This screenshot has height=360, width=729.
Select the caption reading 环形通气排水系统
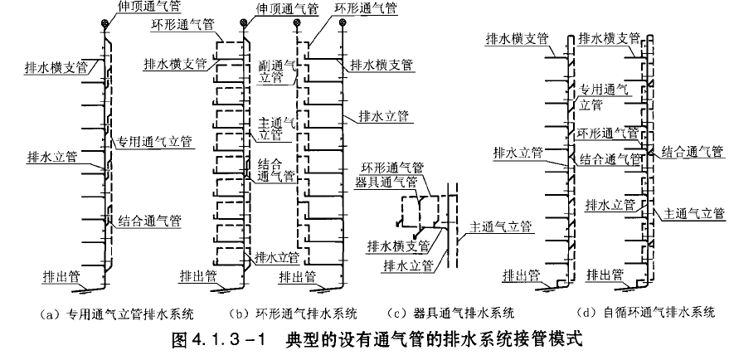tap(294, 314)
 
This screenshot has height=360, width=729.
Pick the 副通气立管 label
tap(274, 71)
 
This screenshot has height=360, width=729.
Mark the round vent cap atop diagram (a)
tap(103, 23)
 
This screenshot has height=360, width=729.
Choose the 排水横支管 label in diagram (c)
tap(399, 246)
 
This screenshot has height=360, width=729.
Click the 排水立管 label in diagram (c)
tap(405, 265)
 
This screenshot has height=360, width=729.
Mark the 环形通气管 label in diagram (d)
tap(609, 134)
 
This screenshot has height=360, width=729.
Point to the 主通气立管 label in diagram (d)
tap(694, 213)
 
